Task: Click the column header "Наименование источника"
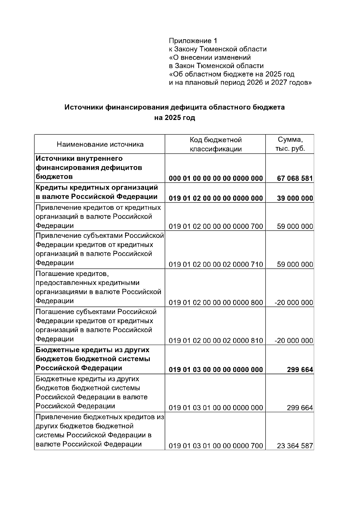pyautogui.click(x=100, y=145)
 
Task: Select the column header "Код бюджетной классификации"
pyautogui.click(x=215, y=144)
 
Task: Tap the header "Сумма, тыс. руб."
pyautogui.click(x=290, y=144)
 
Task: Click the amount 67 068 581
pyautogui.click(x=295, y=178)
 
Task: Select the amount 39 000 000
pyautogui.click(x=295, y=198)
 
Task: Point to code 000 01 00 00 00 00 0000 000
pyautogui.click(x=216, y=178)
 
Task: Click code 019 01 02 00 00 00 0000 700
pyautogui.click(x=216, y=226)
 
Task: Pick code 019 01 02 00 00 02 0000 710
pyautogui.click(x=216, y=265)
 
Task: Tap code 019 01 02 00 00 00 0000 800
pyautogui.click(x=216, y=303)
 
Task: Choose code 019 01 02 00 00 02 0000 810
pyautogui.click(x=216, y=341)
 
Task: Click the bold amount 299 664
pyautogui.click(x=300, y=370)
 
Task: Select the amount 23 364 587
pyautogui.click(x=295, y=446)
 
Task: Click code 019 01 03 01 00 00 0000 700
pyautogui.click(x=216, y=446)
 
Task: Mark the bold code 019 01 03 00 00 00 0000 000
pyautogui.click(x=216, y=370)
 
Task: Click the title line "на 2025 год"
pyautogui.click(x=175, y=118)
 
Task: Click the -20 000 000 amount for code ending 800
pyautogui.click(x=294, y=303)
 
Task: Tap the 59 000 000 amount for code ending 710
pyautogui.click(x=295, y=265)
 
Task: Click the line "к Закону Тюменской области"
pyautogui.click(x=217, y=49)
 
